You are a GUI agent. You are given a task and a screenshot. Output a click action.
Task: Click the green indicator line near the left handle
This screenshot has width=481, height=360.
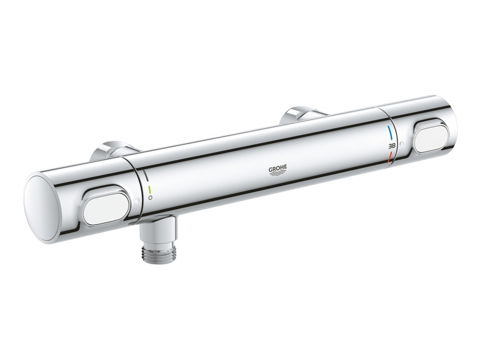150,188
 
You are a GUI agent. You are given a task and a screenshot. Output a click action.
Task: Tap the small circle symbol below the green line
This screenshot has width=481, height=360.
151,197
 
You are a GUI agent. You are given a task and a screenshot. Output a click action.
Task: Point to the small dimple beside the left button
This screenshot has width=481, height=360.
137,201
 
